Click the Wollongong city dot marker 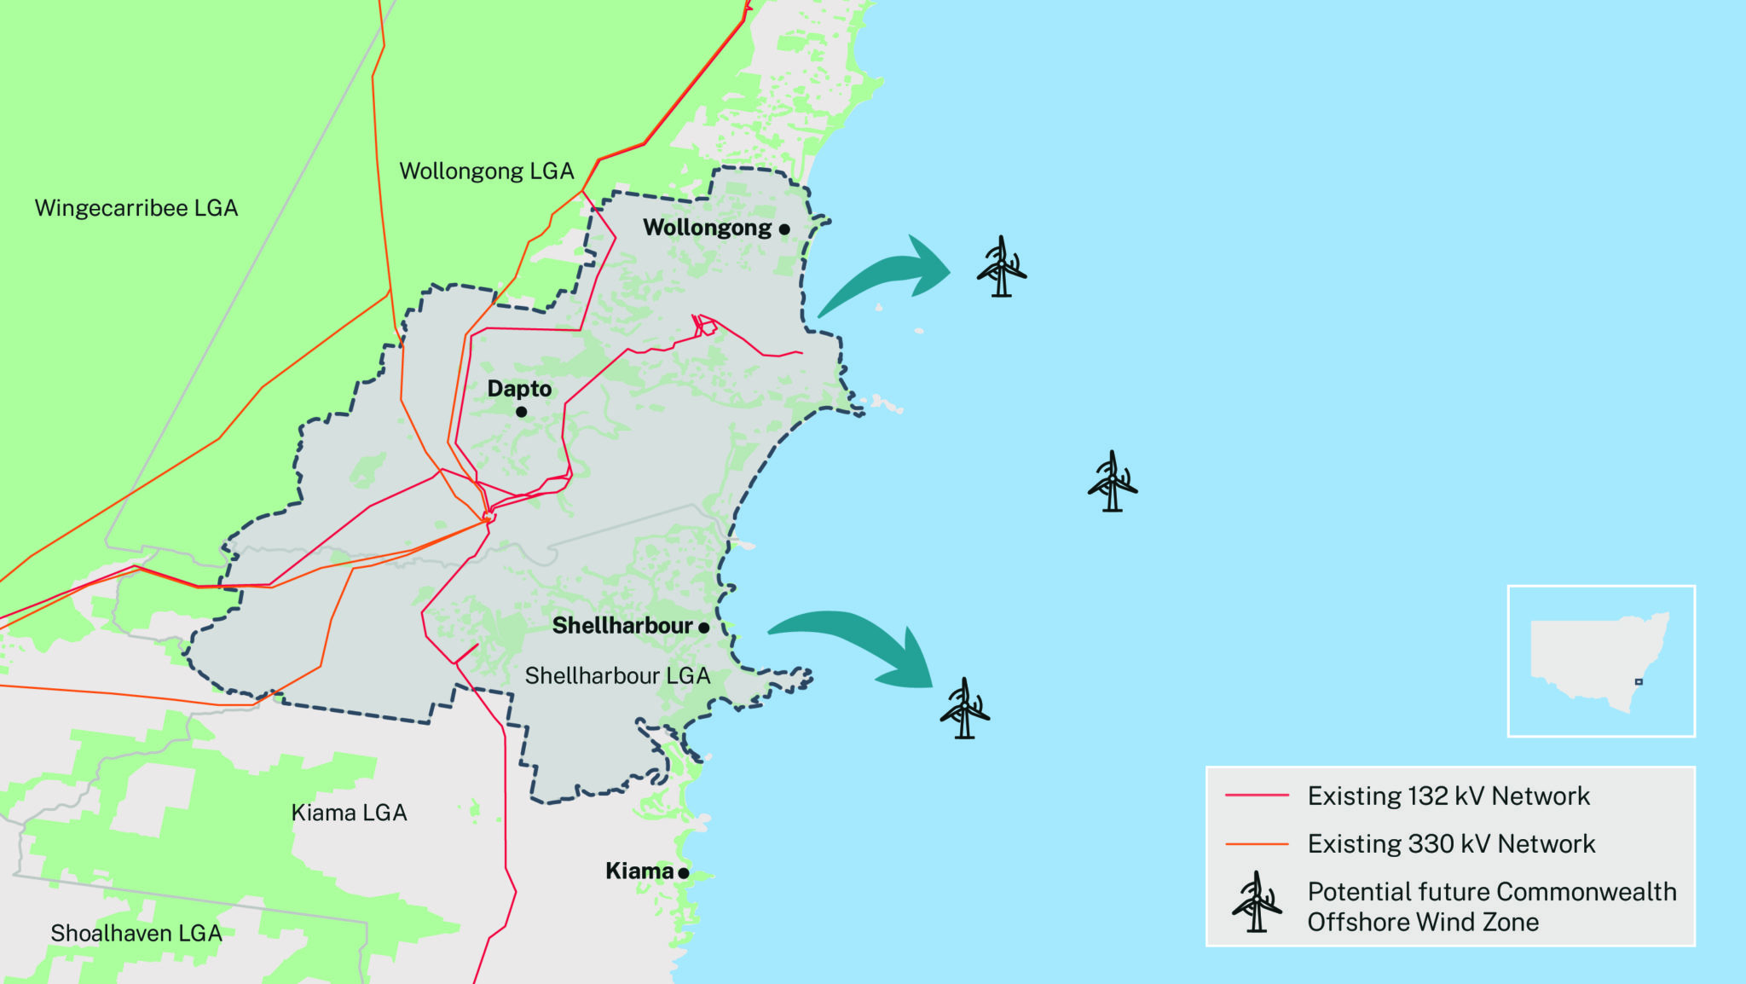coord(784,229)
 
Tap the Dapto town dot coord(522,412)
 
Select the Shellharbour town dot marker coord(704,628)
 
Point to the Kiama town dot coord(684,872)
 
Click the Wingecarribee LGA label coord(136,208)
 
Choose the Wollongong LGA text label coord(487,171)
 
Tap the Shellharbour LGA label coord(617,676)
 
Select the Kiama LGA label coord(349,813)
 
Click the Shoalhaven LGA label coord(136,934)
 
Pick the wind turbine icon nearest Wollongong coord(1002,267)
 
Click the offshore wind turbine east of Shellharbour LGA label coord(964,709)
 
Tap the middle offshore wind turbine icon coord(1112,482)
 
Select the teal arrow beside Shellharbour coord(861,644)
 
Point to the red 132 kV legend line coord(1257,796)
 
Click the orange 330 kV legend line coord(1257,844)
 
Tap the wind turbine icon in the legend coord(1256,903)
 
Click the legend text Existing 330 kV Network coord(1451,844)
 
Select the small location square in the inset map coord(1639,682)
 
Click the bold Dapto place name coord(519,389)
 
